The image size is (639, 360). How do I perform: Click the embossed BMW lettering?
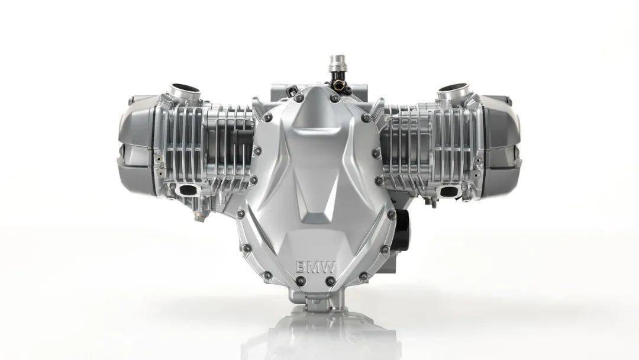coord(315,268)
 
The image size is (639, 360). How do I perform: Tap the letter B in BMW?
coord(301,268)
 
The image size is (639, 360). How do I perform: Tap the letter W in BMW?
coord(328,268)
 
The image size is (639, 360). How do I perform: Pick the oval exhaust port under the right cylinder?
coord(450,191)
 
